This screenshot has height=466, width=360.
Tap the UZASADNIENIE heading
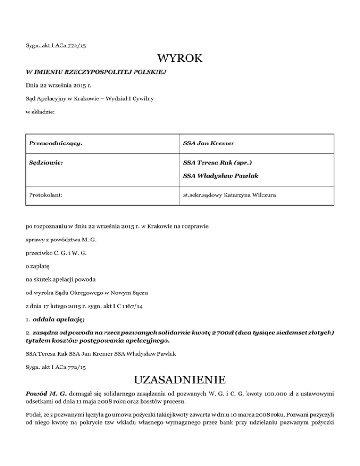coord(180,378)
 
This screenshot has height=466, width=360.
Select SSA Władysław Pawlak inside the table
coord(216,176)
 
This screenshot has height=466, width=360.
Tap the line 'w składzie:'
coord(41,112)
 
